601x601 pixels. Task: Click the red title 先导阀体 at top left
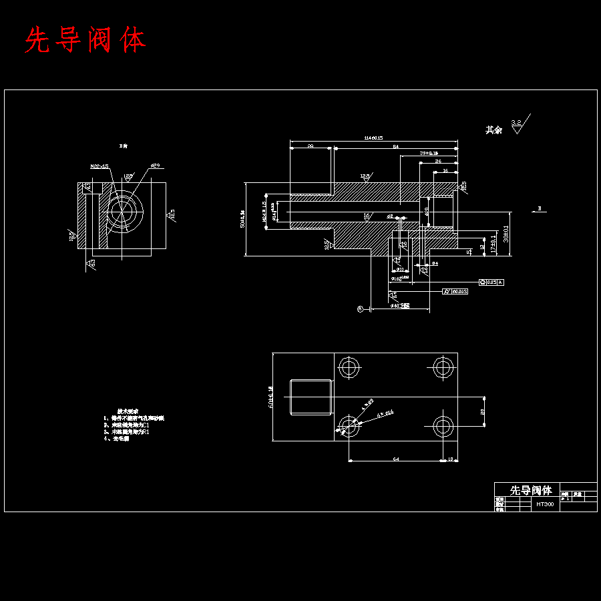tap(85, 41)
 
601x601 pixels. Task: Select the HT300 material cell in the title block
tap(545, 505)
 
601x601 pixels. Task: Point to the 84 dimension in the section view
tap(395, 146)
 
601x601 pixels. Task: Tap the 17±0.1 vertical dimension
tap(493, 244)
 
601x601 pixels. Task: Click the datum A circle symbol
tap(359, 309)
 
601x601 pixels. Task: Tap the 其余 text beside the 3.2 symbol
tap(493, 130)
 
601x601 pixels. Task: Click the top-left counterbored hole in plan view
tap(349, 367)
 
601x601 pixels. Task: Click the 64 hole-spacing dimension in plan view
tap(395, 459)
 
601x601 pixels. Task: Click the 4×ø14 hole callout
tap(385, 414)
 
